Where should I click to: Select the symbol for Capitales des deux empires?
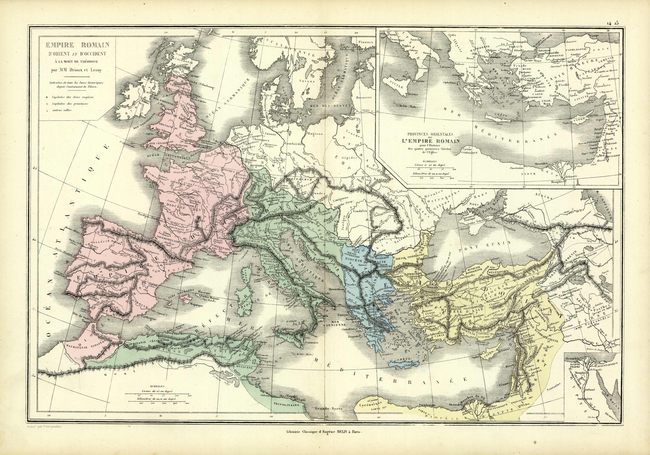[x=47, y=97]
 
